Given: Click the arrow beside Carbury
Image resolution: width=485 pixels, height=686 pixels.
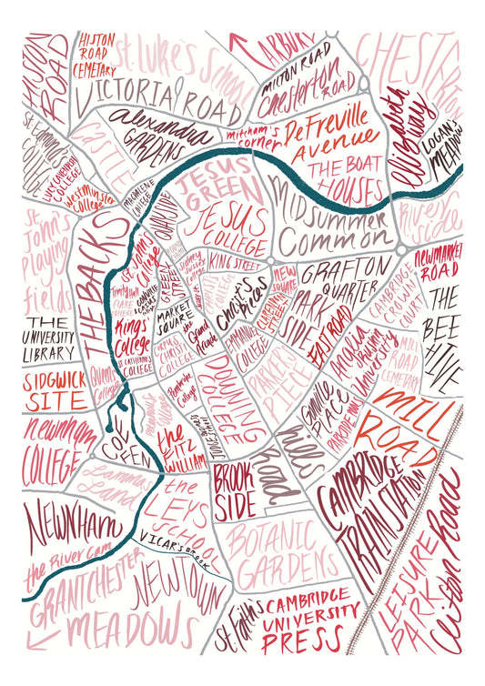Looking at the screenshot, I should pyautogui.click(x=238, y=43).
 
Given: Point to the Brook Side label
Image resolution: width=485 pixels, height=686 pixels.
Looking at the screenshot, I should pyautogui.click(x=241, y=488).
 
